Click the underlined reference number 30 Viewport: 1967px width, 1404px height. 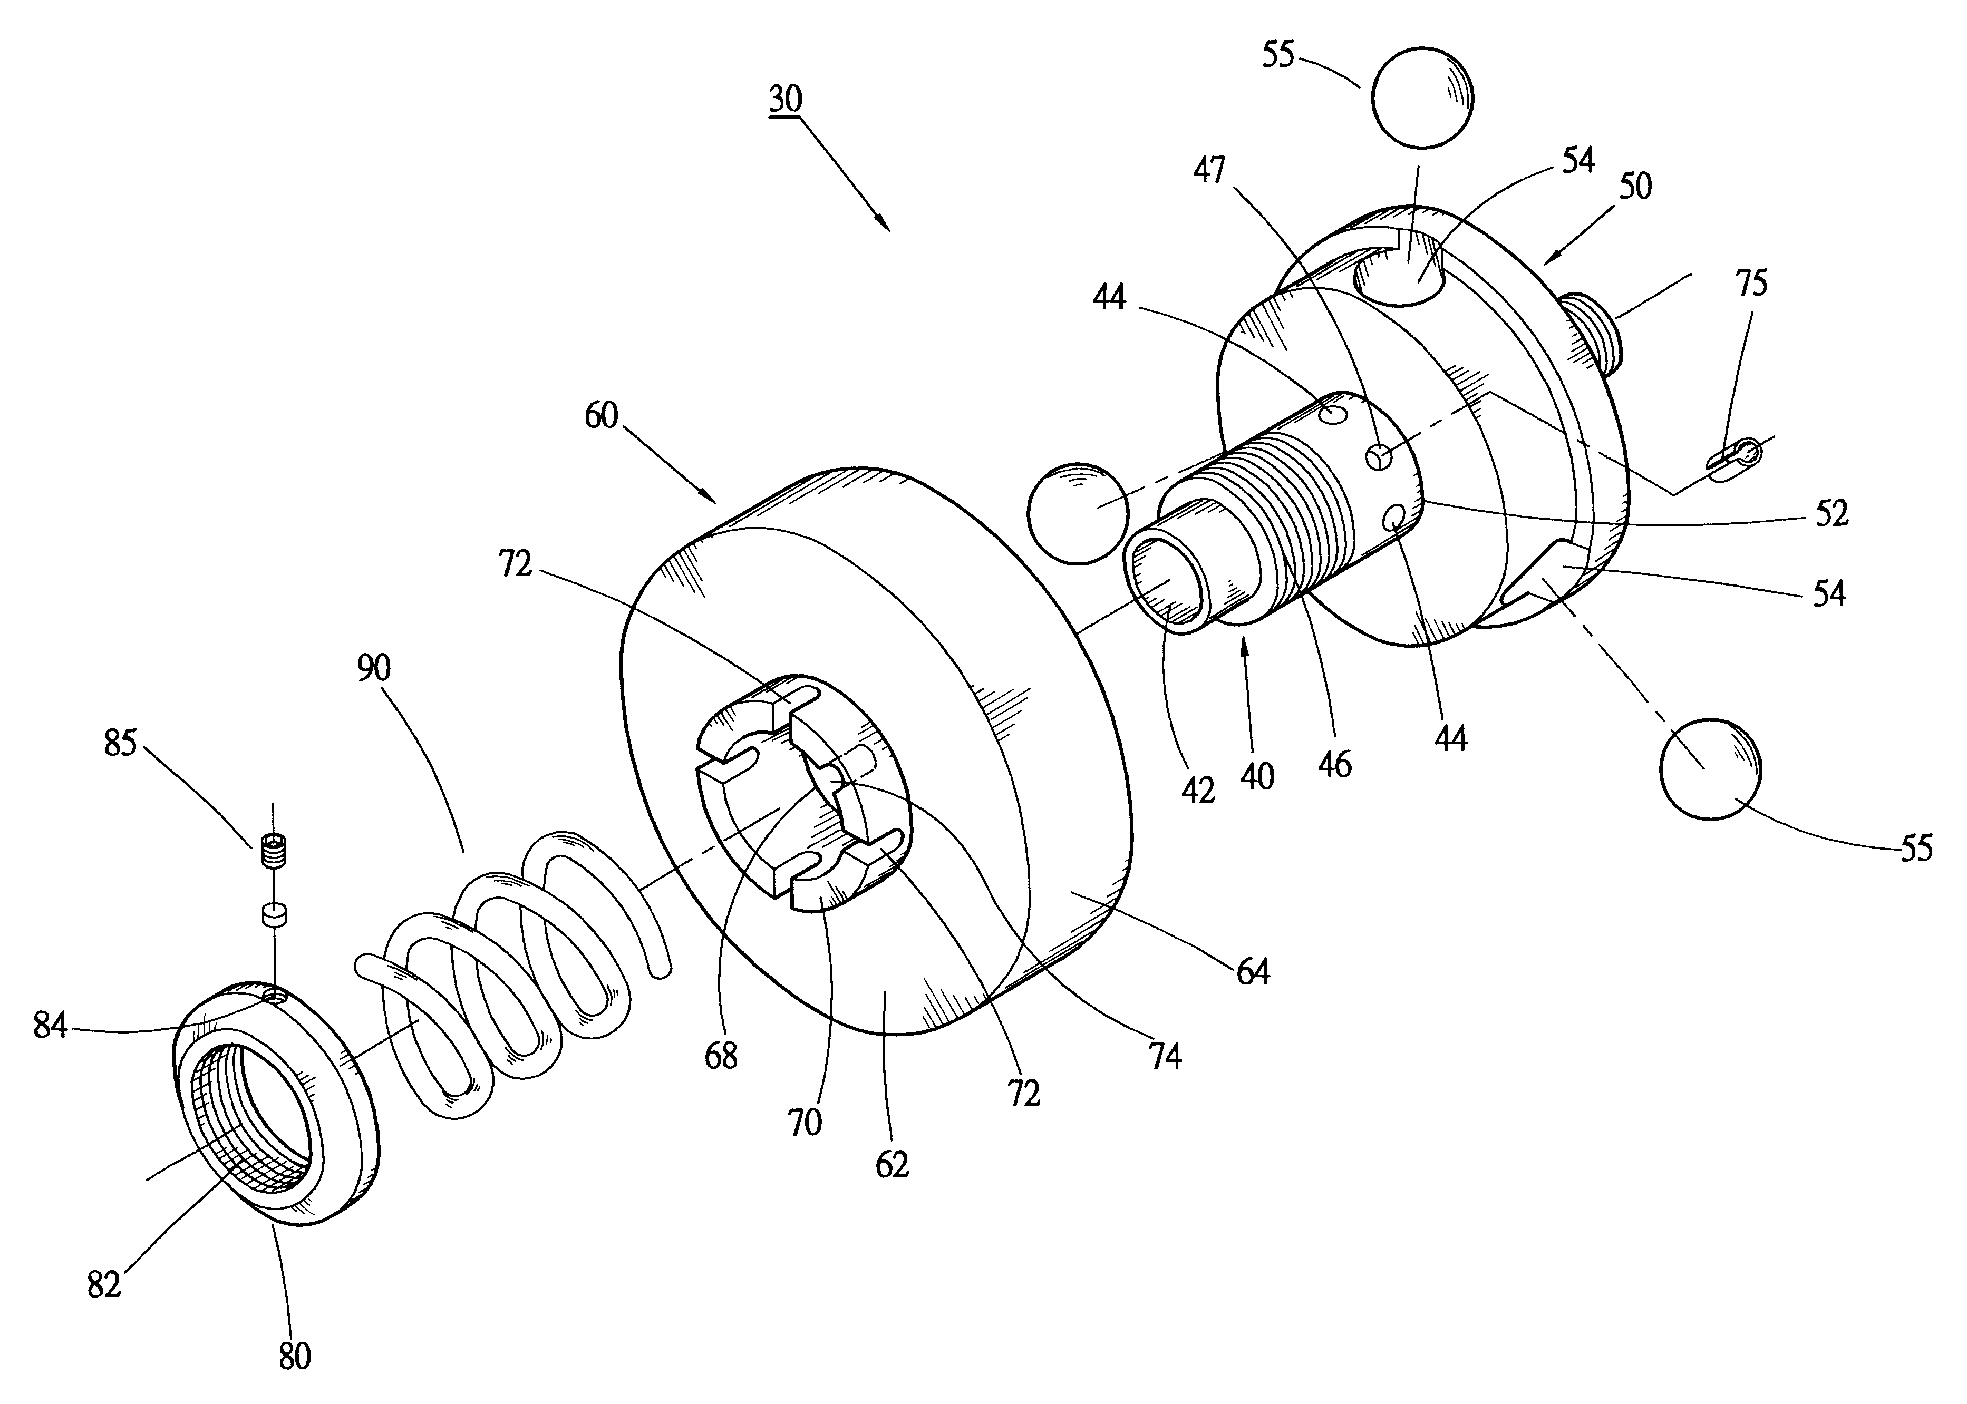(x=785, y=100)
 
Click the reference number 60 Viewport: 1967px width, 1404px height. (x=601, y=416)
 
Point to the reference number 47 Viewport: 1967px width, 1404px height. (x=1209, y=170)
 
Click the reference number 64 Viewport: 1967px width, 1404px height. (x=1252, y=972)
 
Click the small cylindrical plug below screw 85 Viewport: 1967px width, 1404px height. (x=273, y=915)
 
